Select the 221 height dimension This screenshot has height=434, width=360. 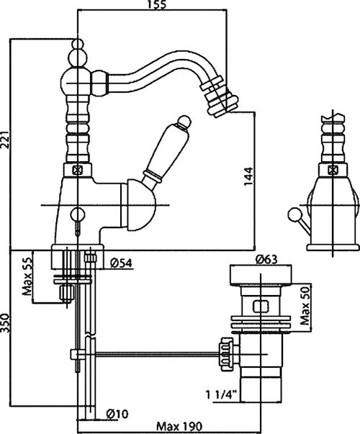coord(5,140)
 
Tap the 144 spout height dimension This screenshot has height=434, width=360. coord(248,176)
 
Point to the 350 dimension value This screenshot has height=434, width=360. coord(5,323)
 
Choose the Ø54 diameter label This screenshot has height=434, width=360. coord(121,263)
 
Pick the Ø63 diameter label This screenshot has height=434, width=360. coord(266,259)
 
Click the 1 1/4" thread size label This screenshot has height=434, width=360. coord(222,394)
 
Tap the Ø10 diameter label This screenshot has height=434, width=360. coord(117,414)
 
